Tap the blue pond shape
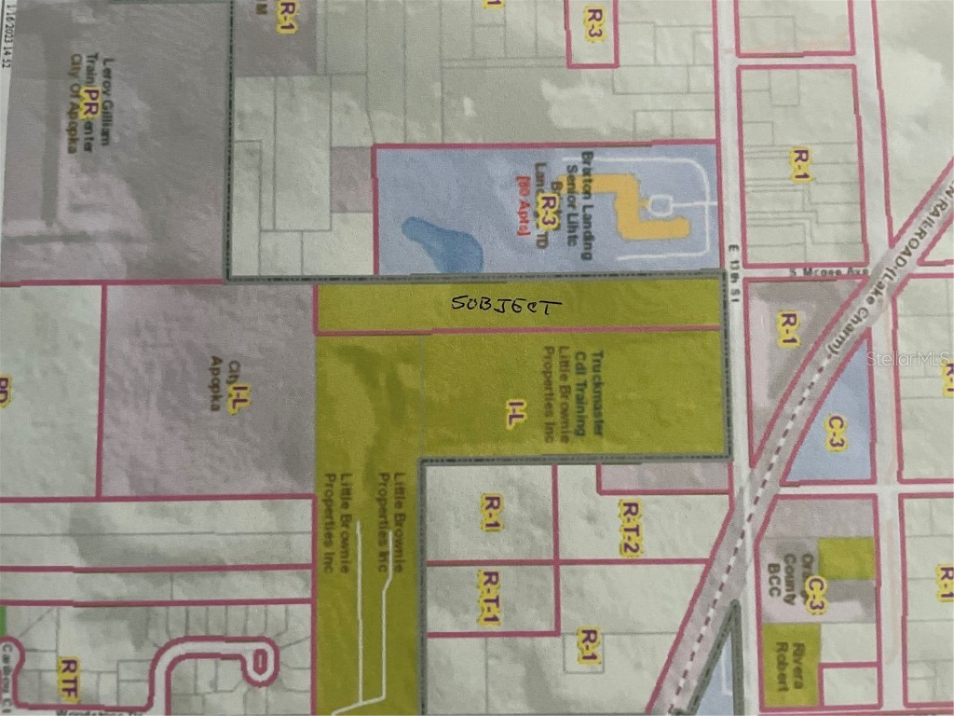pos(444,241)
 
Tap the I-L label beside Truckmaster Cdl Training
pos(511,415)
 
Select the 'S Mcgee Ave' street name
pos(795,272)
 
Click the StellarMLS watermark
pos(907,358)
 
